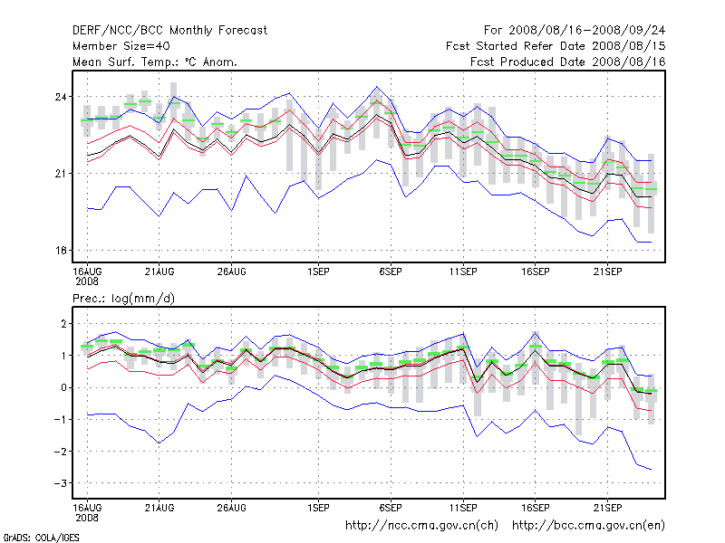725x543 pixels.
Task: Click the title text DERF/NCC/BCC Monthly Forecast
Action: (x=169, y=30)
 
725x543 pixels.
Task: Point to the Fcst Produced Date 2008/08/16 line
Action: (x=568, y=62)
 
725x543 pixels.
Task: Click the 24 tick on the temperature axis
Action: (x=62, y=97)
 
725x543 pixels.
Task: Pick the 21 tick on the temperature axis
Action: (x=62, y=173)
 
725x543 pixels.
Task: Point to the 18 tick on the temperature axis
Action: (x=62, y=250)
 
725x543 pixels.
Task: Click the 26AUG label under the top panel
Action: (x=231, y=271)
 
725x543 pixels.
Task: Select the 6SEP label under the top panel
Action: (x=391, y=271)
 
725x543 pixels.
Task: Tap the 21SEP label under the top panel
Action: (x=607, y=271)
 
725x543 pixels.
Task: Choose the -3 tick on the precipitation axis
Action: (x=61, y=484)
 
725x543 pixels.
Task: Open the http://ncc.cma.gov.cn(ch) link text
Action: (x=422, y=525)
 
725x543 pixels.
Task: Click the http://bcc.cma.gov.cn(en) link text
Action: (x=590, y=525)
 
